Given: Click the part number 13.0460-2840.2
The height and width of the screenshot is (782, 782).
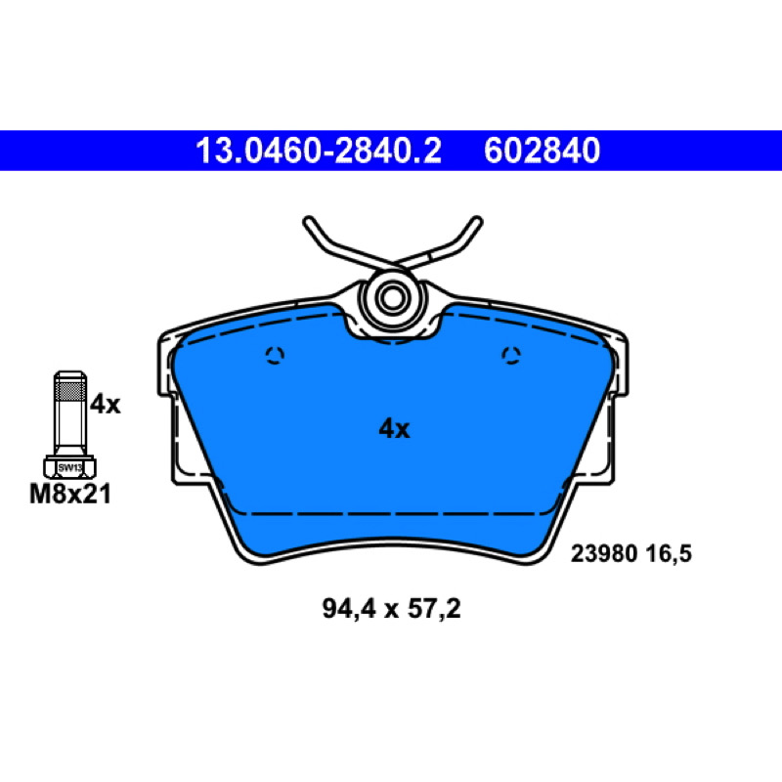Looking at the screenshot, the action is pos(319,151).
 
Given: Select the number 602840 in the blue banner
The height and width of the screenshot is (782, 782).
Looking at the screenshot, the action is pos(542,151).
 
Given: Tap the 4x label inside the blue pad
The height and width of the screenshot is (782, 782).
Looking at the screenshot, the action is pos(394,429).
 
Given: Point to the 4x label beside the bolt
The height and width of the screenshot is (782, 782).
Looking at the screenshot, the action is pos(106,405).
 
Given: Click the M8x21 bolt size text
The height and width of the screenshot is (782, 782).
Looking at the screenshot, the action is pos(70,495).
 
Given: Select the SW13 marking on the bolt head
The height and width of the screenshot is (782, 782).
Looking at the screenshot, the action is pos(69,468).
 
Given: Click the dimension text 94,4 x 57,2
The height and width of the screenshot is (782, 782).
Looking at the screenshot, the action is pos(392,609).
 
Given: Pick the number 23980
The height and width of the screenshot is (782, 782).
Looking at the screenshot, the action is pos(604,554).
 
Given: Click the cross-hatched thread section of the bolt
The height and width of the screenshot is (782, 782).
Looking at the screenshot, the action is pos(69,389).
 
